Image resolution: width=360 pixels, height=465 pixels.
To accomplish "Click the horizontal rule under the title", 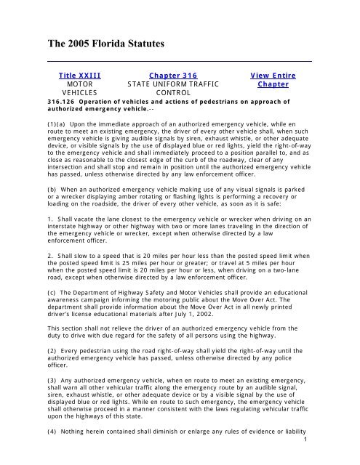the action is coord(179,61).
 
